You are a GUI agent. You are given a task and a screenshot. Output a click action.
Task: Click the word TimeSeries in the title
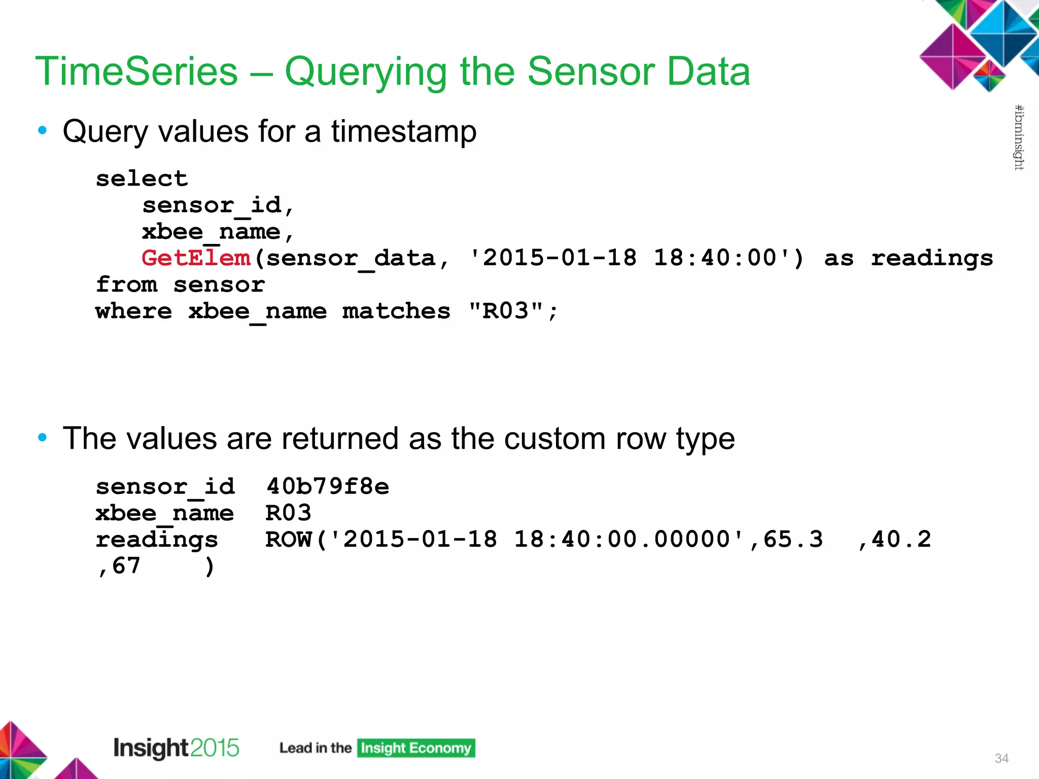pos(136,72)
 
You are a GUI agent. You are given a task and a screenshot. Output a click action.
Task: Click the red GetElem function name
pos(196,258)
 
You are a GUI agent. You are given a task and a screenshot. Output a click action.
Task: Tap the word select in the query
pos(142,179)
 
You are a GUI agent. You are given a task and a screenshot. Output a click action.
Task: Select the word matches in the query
pos(396,311)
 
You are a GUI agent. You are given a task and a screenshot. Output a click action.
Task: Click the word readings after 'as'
pos(932,258)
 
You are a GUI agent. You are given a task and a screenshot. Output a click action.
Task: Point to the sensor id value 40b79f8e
pos(328,486)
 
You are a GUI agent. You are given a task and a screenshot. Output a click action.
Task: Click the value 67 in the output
pos(126,565)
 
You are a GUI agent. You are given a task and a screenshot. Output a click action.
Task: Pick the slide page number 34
pos(1001,758)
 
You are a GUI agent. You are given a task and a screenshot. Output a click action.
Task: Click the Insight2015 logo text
pos(176,748)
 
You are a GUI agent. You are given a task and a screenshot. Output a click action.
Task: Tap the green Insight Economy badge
pos(416,748)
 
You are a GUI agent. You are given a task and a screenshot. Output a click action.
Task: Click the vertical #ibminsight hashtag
pos(1019,137)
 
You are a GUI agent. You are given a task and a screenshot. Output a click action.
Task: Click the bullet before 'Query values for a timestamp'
pos(43,131)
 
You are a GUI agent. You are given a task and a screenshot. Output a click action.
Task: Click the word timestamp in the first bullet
pos(404,132)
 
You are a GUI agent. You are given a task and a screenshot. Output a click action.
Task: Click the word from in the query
pos(126,285)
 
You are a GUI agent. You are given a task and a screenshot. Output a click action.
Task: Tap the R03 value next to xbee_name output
pos(288,513)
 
